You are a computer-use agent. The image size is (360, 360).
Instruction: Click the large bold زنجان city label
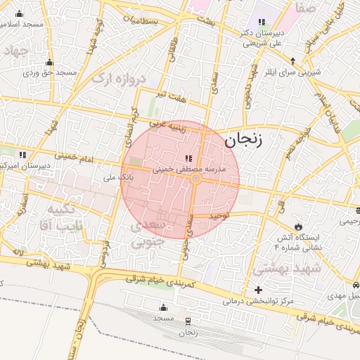pyautogui.click(x=243, y=141)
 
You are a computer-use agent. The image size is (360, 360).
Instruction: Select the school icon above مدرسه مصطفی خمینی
pyautogui.click(x=188, y=157)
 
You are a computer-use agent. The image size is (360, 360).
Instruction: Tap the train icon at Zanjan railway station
pyautogui.click(x=188, y=321)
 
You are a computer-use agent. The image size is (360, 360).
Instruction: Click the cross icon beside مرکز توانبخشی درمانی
pyautogui.click(x=259, y=290)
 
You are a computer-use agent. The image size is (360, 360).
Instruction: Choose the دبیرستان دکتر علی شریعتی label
pyautogui.click(x=262, y=37)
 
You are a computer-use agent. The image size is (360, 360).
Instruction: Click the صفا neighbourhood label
pyautogui.click(x=306, y=8)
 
